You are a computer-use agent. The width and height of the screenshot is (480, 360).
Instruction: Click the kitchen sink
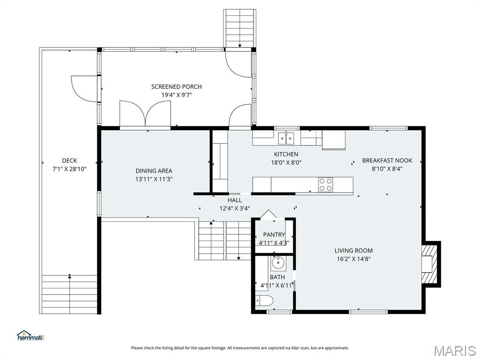(x=286, y=138)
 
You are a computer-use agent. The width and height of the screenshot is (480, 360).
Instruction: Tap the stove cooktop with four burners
(x=326, y=185)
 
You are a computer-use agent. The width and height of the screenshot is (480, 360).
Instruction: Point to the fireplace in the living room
(x=429, y=263)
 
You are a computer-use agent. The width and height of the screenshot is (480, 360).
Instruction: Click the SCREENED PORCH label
(x=176, y=87)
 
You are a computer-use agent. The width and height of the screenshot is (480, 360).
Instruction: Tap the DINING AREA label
(x=154, y=171)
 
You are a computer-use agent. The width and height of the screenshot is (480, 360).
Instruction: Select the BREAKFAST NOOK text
(x=387, y=160)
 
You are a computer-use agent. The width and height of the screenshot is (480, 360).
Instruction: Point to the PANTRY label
(x=274, y=234)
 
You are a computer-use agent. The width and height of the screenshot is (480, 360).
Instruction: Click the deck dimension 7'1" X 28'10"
(x=69, y=169)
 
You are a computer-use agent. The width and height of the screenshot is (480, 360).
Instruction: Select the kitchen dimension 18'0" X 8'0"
(x=286, y=163)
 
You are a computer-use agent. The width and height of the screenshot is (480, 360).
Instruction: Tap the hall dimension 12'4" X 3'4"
(x=234, y=209)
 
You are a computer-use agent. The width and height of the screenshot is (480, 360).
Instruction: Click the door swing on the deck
(x=83, y=88)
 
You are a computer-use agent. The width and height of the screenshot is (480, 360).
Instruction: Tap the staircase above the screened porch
(x=240, y=27)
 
